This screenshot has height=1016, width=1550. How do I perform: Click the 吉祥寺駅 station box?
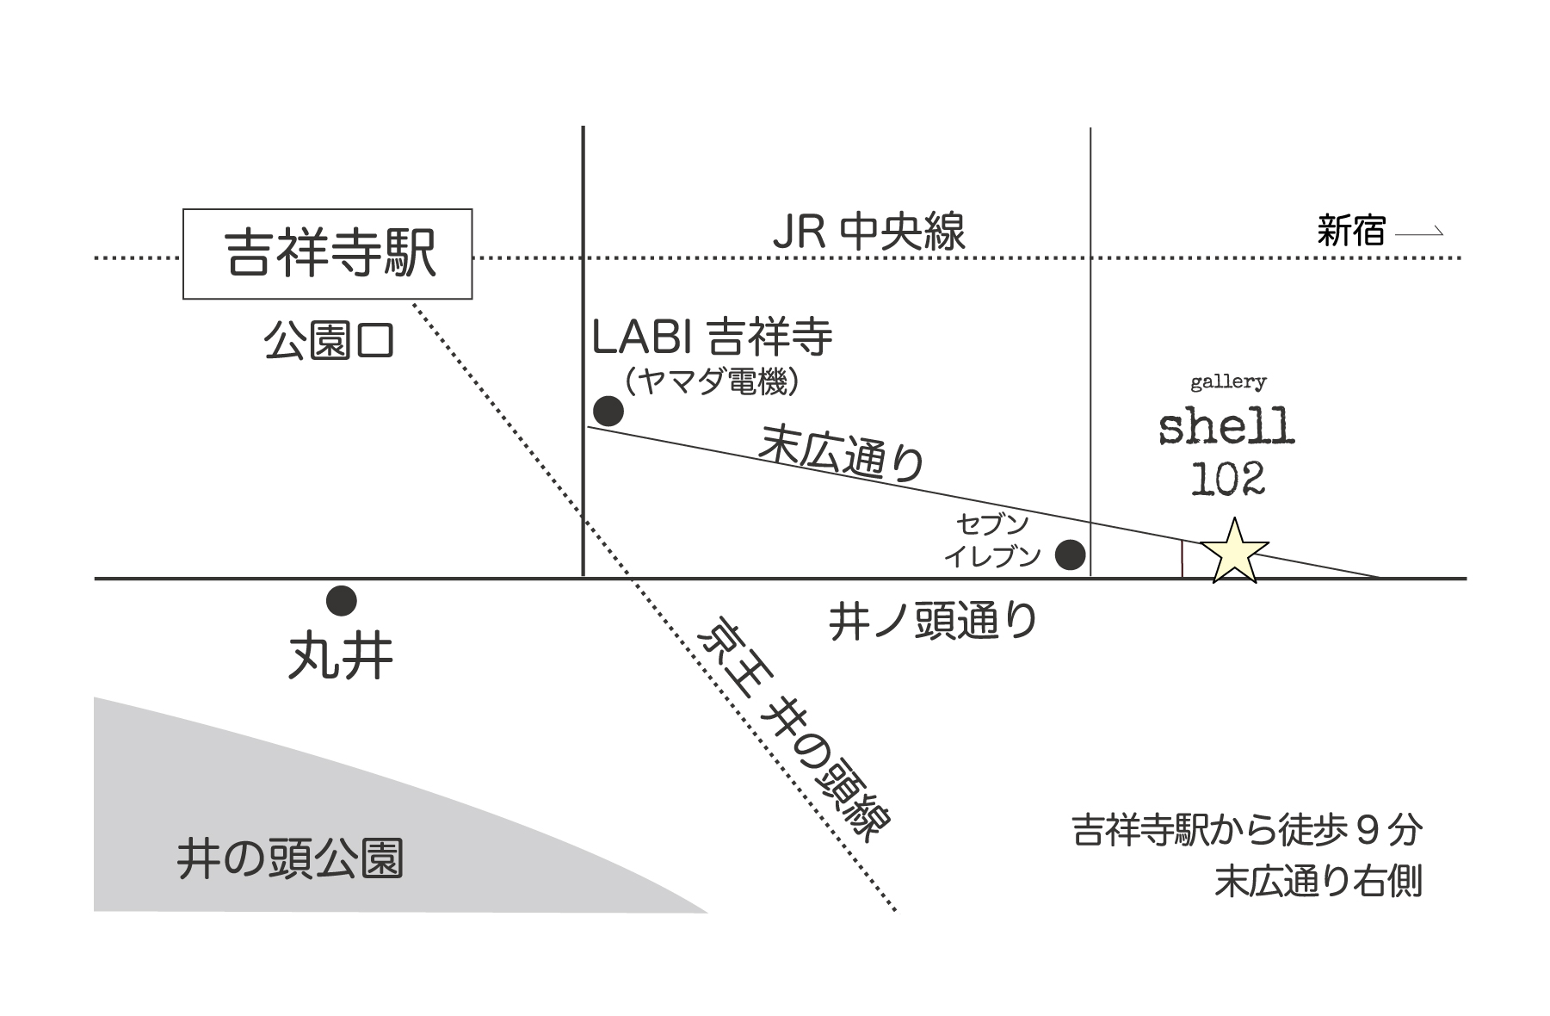[x=327, y=254]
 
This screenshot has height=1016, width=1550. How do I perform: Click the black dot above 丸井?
[x=342, y=601]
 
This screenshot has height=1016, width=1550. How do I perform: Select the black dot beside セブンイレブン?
[x=1070, y=554]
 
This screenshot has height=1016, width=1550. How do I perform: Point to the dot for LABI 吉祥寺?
[x=608, y=412]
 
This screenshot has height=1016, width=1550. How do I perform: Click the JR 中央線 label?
[x=868, y=232]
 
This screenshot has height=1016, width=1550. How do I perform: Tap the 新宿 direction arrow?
[x=1418, y=232]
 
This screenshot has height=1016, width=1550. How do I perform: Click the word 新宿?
[x=1351, y=231]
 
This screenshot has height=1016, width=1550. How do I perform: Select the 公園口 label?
[x=329, y=342]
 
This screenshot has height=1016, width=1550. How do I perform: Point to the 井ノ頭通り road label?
[x=933, y=621]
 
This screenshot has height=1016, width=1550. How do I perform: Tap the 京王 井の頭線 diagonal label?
[x=794, y=728]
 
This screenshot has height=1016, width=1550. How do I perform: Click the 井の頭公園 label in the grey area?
[x=290, y=858]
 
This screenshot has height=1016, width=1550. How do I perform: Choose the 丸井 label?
[x=341, y=659]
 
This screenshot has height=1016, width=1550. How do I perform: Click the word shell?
[x=1226, y=427]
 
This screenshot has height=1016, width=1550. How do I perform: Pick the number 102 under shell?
[x=1227, y=480]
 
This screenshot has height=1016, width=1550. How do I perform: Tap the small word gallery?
[x=1228, y=381]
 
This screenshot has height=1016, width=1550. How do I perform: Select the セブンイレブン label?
[x=993, y=541]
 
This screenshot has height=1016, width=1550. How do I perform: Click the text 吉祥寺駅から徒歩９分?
[x=1247, y=831]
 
